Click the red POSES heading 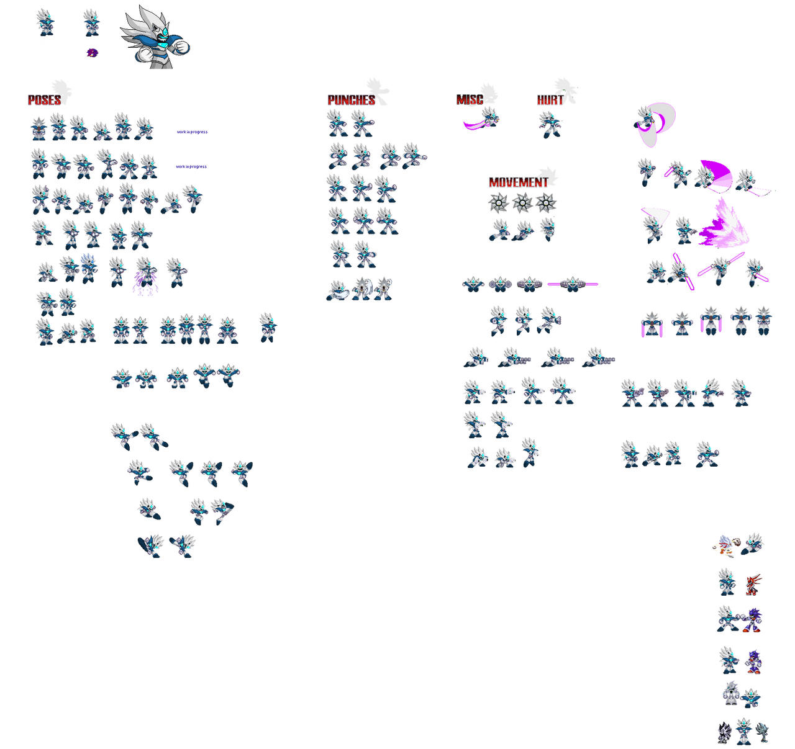(x=45, y=100)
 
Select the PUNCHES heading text (x=351, y=100)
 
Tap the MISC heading (x=470, y=99)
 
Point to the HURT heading (x=550, y=100)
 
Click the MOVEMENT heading (x=518, y=182)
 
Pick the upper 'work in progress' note (x=192, y=132)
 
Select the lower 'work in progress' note (x=191, y=166)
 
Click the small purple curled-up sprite (x=93, y=52)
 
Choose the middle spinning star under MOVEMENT (x=522, y=202)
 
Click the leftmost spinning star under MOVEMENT (x=498, y=202)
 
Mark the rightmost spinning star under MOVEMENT (x=545, y=202)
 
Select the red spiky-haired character (x=753, y=585)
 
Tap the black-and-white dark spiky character (x=724, y=733)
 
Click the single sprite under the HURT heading (x=550, y=125)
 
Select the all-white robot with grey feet (x=730, y=694)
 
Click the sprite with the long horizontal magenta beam (x=573, y=284)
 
